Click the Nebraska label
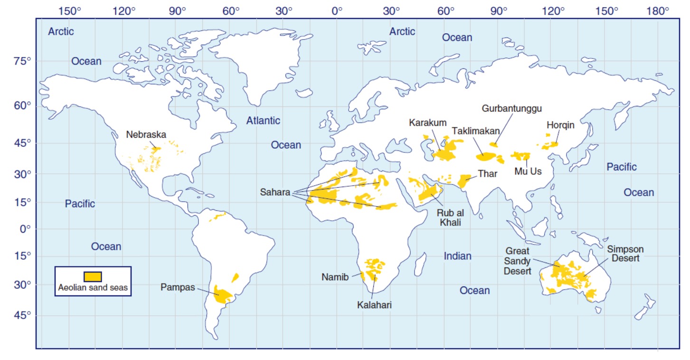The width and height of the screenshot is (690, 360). (x=146, y=134)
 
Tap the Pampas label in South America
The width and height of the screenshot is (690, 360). (x=178, y=287)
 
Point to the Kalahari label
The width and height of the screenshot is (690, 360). (x=374, y=305)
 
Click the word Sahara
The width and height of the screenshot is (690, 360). (x=275, y=192)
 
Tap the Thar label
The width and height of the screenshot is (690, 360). (x=487, y=173)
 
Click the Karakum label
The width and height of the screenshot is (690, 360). (x=427, y=123)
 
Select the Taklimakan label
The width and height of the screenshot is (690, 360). (x=475, y=130)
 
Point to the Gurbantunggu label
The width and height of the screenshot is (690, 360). (x=512, y=109)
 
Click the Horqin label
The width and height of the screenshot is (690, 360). (x=560, y=125)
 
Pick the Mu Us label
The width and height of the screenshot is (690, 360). (x=528, y=171)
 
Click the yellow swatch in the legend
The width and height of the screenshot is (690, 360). (x=93, y=276)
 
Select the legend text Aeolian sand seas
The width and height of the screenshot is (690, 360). (x=93, y=287)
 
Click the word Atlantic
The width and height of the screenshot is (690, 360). (x=263, y=121)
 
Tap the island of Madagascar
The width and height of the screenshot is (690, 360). (x=419, y=265)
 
